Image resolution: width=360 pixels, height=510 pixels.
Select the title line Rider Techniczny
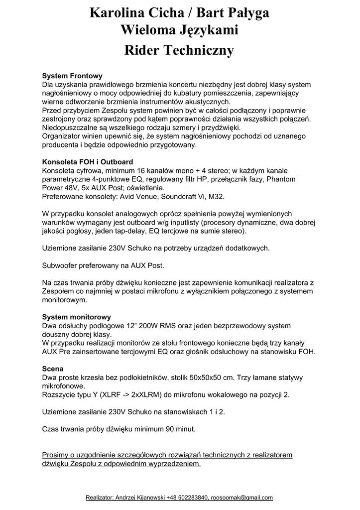179,50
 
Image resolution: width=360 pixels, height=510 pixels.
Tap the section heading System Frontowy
72,76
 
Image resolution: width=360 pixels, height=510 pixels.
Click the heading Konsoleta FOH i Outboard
87,162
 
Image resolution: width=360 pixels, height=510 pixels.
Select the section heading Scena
52,369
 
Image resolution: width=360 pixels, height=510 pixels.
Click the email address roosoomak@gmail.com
241,498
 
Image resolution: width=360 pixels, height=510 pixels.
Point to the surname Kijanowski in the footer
148,498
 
